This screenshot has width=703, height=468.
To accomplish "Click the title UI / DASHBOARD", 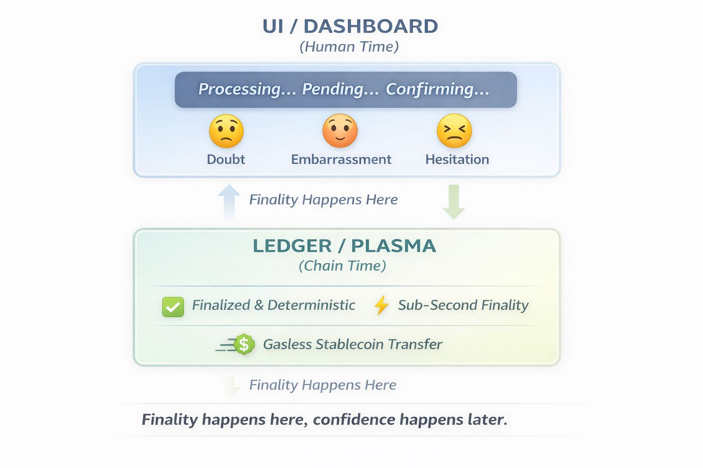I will point(350,27).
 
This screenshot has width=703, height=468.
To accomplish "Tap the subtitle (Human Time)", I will point(349,47).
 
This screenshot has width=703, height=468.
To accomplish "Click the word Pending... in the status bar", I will point(341,89).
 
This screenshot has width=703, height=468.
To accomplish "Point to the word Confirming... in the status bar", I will point(438,89).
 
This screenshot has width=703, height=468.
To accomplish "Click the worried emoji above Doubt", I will point(226,131).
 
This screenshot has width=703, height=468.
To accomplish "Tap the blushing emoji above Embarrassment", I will point(340,131).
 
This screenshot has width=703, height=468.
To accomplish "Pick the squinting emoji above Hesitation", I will point(454,131).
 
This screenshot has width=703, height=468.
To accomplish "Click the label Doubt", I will point(226,160).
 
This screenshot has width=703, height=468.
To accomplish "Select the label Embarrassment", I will point(341,160).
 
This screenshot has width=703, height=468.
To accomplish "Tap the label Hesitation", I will point(457,160).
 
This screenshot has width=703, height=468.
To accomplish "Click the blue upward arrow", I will point(229,201).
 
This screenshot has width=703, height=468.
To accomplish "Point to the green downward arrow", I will point(454,202).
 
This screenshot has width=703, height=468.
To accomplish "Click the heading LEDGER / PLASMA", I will point(344,246).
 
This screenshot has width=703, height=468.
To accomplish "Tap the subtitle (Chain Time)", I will point(342,266).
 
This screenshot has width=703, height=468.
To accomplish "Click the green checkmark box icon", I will point(173,307).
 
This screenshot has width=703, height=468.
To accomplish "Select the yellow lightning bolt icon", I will point(381,305).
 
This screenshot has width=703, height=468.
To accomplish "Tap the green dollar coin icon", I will point(244,344).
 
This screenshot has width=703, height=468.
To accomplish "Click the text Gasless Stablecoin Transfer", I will point(352,344).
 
